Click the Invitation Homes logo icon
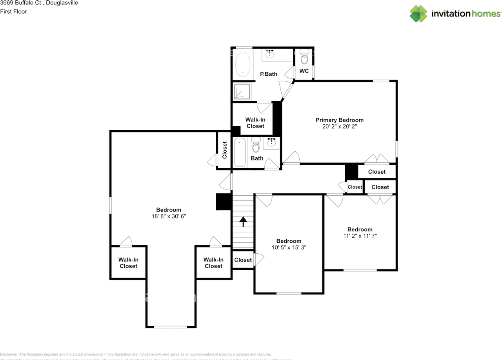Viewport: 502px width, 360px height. [418, 14]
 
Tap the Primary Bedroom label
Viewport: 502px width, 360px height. [340, 120]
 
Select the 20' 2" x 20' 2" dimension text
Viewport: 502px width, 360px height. [340, 127]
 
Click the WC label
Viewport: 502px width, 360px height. [304, 71]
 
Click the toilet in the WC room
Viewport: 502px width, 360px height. [304, 58]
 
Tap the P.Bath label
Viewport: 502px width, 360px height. [269, 74]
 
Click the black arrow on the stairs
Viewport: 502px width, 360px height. [243, 222]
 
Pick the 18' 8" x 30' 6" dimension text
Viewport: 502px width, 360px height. [169, 216]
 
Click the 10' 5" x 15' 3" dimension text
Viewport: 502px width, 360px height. [289, 247]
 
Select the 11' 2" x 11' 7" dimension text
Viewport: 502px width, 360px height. [360, 236]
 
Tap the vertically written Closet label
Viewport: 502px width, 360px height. [225, 150]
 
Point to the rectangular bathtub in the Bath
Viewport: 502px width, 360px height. [240, 153]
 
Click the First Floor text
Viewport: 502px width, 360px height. [14, 11]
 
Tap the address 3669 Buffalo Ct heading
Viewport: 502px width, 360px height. [39, 3]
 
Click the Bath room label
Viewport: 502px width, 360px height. [257, 158]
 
